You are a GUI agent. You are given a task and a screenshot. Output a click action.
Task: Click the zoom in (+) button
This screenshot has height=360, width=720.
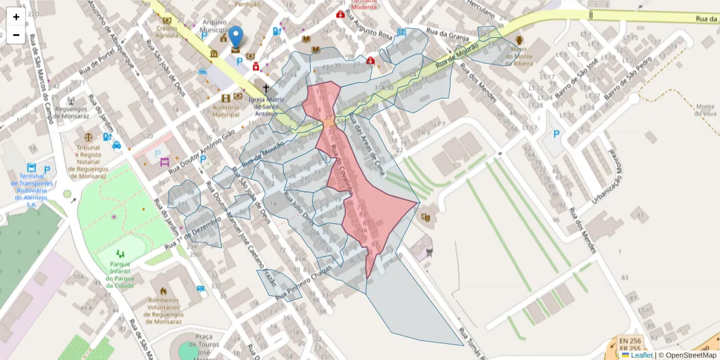pos(16,17)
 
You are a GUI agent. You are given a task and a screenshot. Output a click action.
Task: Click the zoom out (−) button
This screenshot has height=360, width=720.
pos(16,35)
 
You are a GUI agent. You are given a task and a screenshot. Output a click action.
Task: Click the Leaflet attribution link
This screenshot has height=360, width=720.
pos(637,355)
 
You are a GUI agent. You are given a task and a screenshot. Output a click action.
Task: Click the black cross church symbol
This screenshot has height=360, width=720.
pos(266,88)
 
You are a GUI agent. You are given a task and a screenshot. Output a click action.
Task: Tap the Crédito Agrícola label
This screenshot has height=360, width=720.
pos(167,31)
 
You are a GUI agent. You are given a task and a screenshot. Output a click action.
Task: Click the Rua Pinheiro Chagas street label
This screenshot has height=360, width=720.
pos(304,281)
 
